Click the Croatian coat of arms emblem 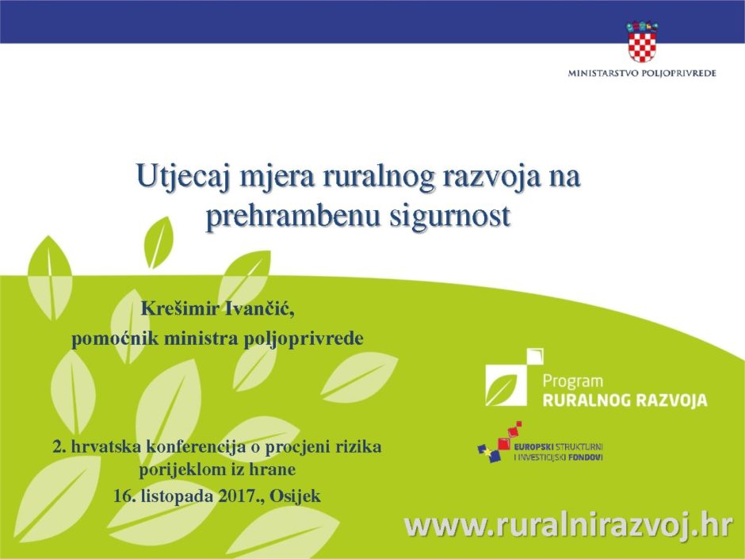coord(642,41)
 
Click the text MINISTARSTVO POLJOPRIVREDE coord(642,73)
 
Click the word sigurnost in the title coord(450,216)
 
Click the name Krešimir coord(180,309)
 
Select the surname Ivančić coord(260,309)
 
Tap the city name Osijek coord(295,496)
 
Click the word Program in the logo coord(572,381)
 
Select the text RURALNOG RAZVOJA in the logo coord(625,400)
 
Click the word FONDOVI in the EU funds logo coord(586,458)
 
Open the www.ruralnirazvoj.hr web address coord(568,526)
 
